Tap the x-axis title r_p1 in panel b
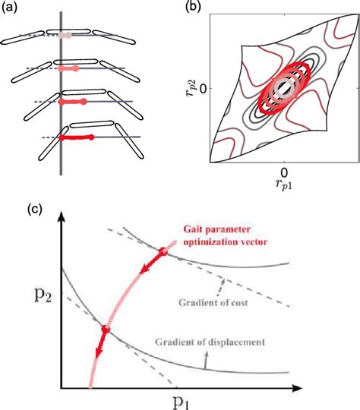[x=283, y=183]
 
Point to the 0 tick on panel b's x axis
[x=283, y=171]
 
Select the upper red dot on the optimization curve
[x=163, y=251]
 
